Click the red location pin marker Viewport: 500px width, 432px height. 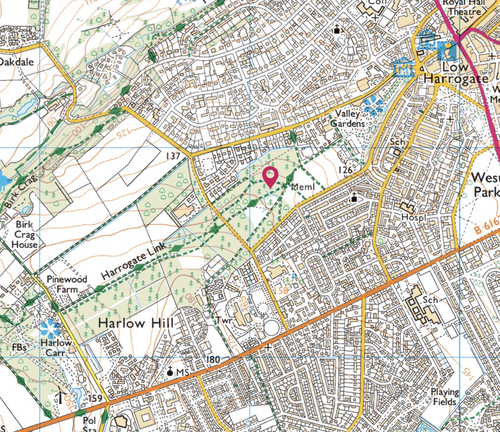click(x=269, y=176)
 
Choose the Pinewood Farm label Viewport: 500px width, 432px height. click(x=67, y=284)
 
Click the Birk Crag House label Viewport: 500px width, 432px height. click(x=24, y=234)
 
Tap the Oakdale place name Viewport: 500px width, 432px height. click(x=16, y=62)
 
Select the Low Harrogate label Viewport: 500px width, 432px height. click(x=456, y=73)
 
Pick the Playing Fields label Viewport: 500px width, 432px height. click(x=445, y=397)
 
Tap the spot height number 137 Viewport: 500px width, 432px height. click(x=173, y=156)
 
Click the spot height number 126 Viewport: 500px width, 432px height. click(x=345, y=169)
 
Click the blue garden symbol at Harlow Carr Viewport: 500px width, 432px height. click(x=50, y=328)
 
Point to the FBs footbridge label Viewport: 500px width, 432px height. click(x=20, y=348)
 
